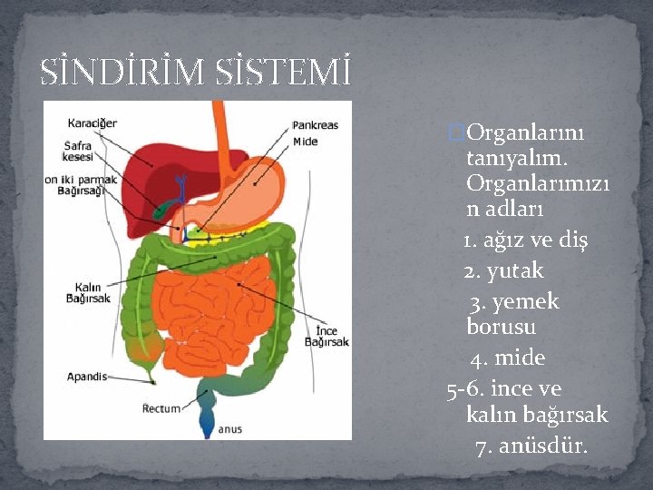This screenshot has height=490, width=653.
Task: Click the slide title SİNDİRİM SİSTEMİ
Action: tap(195, 71)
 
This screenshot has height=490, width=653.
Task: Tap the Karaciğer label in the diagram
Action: tap(92, 122)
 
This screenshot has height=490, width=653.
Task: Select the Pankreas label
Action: tap(315, 125)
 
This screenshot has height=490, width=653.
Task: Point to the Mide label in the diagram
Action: tap(305, 142)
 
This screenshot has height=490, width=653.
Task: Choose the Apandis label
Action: tap(87, 377)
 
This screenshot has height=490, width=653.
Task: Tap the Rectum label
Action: tap(161, 409)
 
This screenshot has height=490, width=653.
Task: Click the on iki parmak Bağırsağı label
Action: tap(82, 185)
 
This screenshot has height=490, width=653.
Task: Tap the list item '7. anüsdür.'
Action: tap(531, 446)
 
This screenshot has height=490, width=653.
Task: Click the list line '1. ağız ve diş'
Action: tap(525, 240)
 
